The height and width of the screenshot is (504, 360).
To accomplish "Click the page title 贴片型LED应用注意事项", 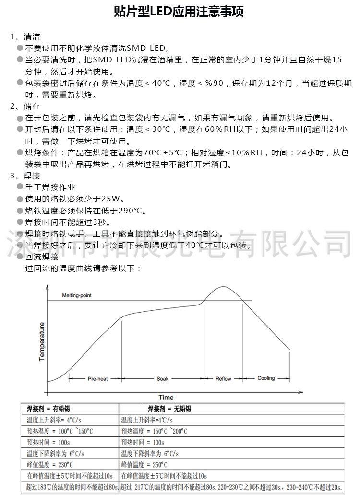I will pos(180,12).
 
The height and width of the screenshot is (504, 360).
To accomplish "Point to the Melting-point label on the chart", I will pos(77,295).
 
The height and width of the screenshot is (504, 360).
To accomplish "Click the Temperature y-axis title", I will pos(42,341).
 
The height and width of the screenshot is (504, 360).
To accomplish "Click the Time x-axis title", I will pos(166,397).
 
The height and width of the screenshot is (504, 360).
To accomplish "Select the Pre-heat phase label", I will pos(97,379).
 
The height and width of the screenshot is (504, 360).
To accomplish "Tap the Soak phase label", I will pos(163,379).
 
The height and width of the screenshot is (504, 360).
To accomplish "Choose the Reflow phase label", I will pos(223,379).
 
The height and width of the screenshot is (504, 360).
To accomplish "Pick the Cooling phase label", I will pos(266,378).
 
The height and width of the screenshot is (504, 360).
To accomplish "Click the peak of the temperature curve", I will pos(222,287).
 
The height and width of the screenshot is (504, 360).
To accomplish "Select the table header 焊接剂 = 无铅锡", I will pos(169,409).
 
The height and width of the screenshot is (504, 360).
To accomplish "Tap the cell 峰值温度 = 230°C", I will pos(50,464).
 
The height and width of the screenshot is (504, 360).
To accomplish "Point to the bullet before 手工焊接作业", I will pos(20,187).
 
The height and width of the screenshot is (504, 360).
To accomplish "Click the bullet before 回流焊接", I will pos(20,257).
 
